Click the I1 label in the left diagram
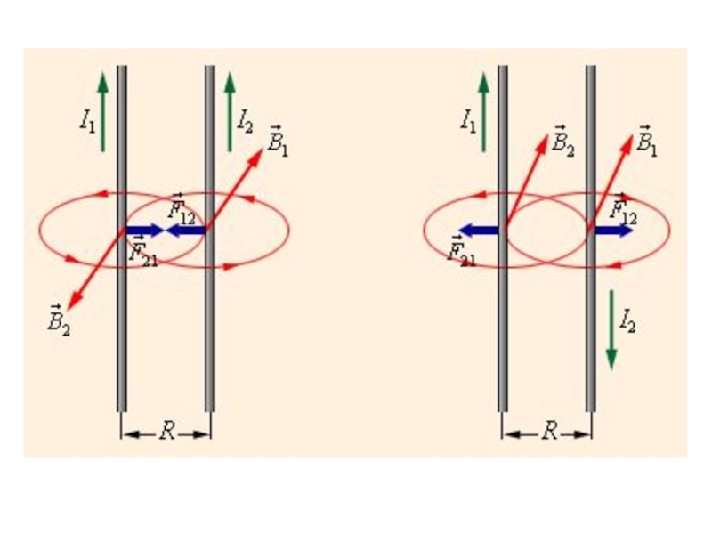click(87, 121)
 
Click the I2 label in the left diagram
click(246, 120)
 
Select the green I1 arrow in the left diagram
click(103, 111)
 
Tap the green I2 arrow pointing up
click(230, 111)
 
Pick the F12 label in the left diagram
click(181, 208)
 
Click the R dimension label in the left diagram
click(166, 433)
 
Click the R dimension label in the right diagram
click(548, 433)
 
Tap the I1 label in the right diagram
click(468, 121)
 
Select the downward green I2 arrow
click(611, 329)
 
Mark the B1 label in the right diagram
click(647, 143)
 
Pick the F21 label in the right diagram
click(462, 252)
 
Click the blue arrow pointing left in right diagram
click(479, 231)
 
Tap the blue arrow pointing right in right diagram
click(614, 231)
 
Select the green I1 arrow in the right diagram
click(484, 111)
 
